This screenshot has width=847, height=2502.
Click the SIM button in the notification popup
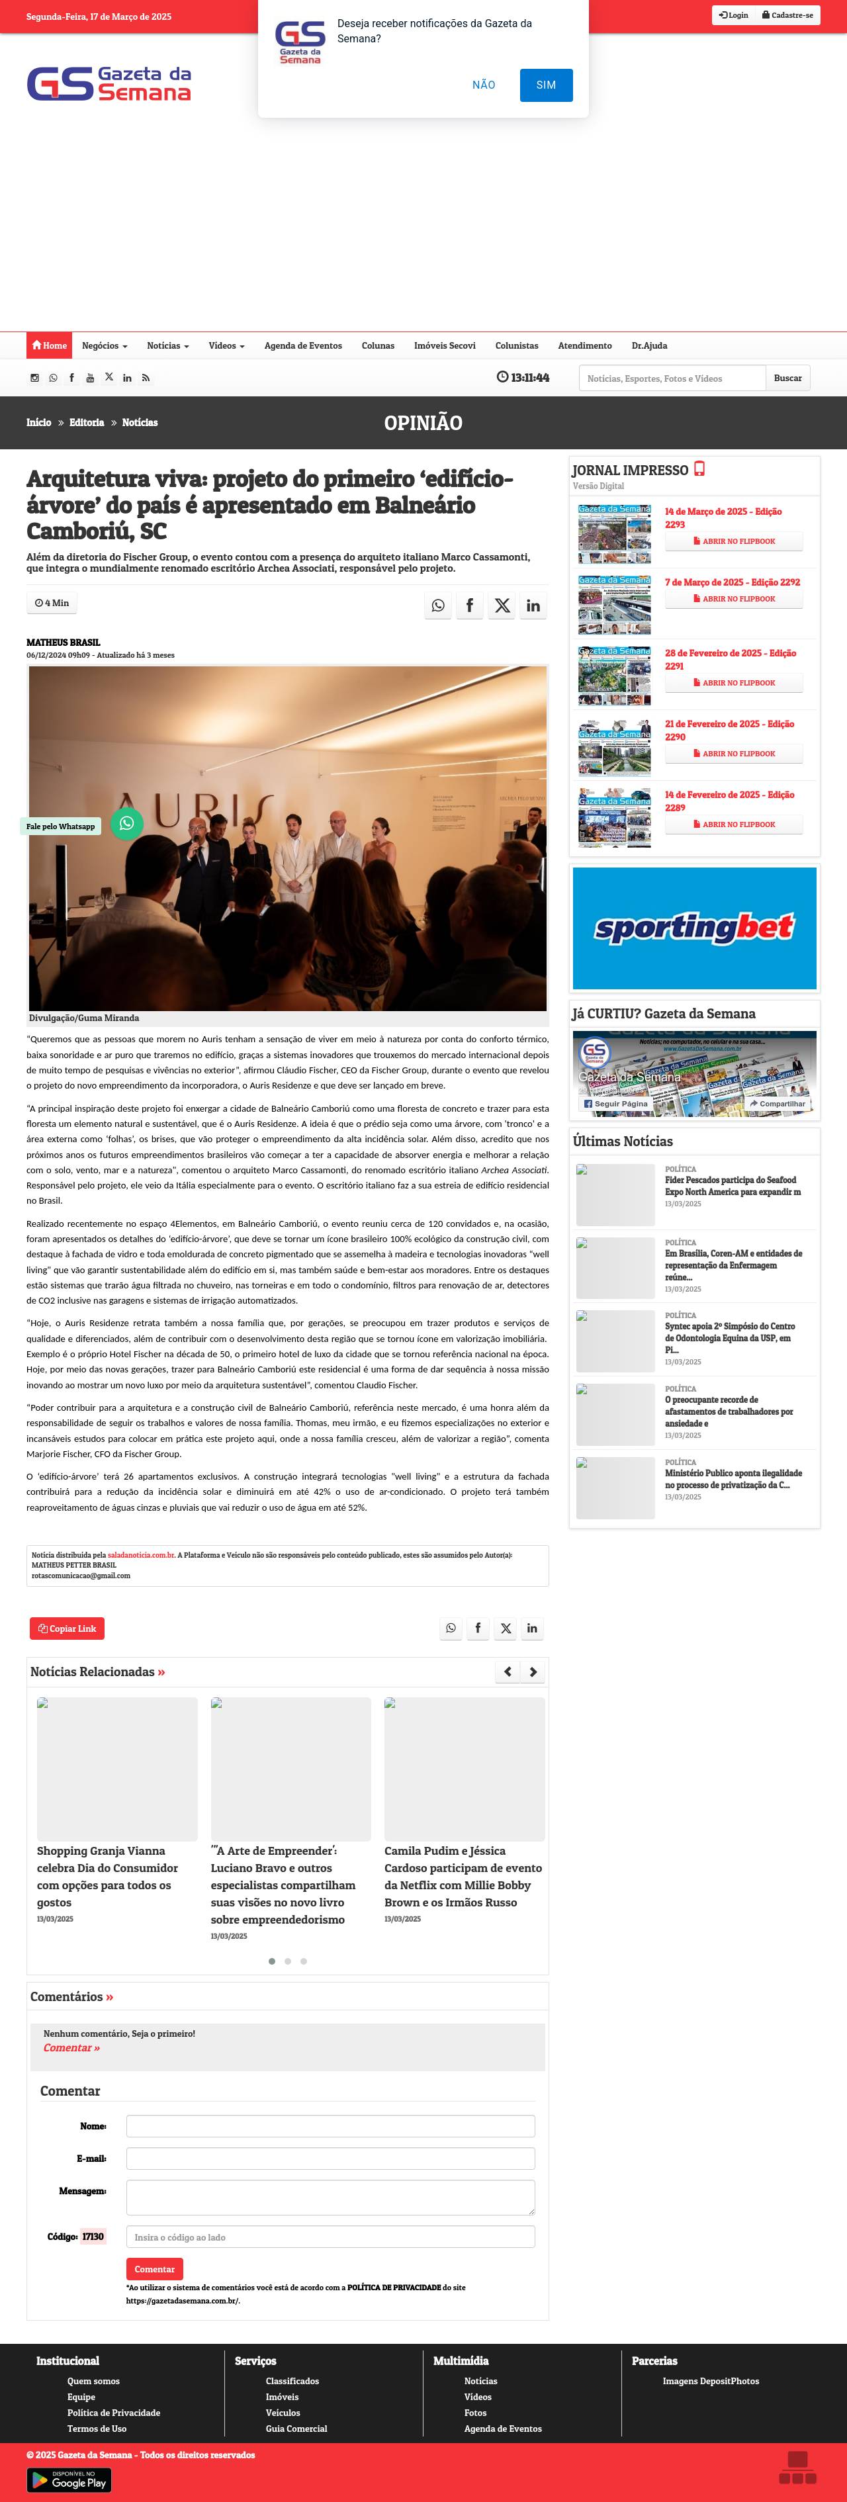pyautogui.click(x=546, y=85)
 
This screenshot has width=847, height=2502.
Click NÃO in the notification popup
pyautogui.click(x=484, y=85)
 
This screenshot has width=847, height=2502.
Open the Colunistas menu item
pyautogui.click(x=515, y=346)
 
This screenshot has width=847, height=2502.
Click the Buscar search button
pyautogui.click(x=787, y=378)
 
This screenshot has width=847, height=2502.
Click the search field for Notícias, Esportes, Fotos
pyautogui.click(x=672, y=378)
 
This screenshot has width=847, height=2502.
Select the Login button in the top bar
pyautogui.click(x=735, y=15)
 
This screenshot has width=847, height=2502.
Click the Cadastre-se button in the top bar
pyautogui.click(x=787, y=15)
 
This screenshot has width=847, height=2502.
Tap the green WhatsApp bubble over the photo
pyautogui.click(x=126, y=824)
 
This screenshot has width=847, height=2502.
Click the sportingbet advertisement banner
pyautogui.click(x=695, y=928)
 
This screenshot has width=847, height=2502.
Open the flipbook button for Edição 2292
pyautogui.click(x=733, y=600)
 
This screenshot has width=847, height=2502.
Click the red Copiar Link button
pyautogui.click(x=67, y=1628)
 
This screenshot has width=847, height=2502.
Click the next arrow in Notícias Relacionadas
pyautogui.click(x=532, y=1672)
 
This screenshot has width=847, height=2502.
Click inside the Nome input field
pyautogui.click(x=330, y=2125)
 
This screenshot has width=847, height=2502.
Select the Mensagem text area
pyautogui.click(x=330, y=2196)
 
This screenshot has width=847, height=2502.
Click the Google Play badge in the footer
pyautogui.click(x=69, y=2480)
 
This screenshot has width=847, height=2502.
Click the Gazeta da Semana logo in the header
pyautogui.click(x=109, y=85)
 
